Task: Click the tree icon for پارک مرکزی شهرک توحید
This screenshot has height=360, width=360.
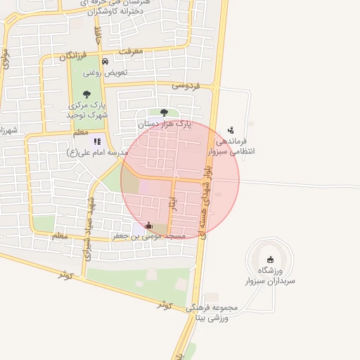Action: pyautogui.click(x=86, y=95)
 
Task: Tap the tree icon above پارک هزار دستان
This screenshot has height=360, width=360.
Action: pyautogui.click(x=164, y=112)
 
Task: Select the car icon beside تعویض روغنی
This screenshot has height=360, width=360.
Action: pyautogui.click(x=105, y=61)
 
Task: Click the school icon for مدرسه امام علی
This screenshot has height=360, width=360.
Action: pyautogui.click(x=97, y=141)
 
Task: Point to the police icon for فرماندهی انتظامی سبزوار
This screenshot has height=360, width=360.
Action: pyautogui.click(x=231, y=130)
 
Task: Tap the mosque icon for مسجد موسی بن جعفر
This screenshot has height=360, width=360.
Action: pyautogui.click(x=148, y=226)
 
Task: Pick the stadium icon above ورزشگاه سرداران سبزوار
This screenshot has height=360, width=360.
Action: pyautogui.click(x=271, y=259)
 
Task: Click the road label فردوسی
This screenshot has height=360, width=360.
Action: pyautogui.click(x=186, y=85)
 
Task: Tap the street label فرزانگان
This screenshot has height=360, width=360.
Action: pyautogui.click(x=72, y=55)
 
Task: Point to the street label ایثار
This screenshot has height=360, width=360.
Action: pyautogui.click(x=173, y=203)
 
